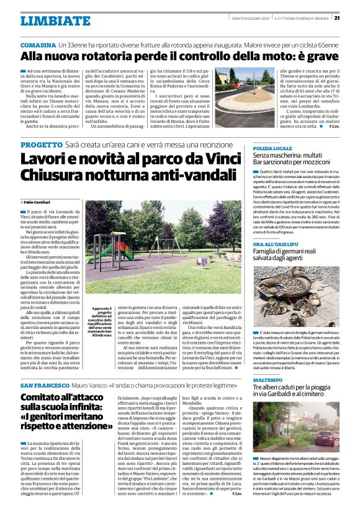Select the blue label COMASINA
point(38,46)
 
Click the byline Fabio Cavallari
point(40,203)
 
